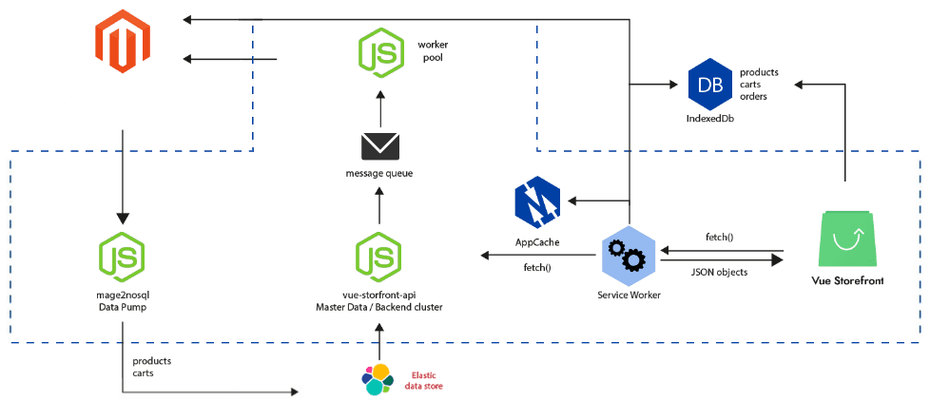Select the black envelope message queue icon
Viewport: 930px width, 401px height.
pyautogui.click(x=379, y=145)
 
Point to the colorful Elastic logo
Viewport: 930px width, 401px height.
pyautogui.click(x=378, y=378)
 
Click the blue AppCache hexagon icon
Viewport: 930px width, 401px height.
pyautogui.click(x=536, y=202)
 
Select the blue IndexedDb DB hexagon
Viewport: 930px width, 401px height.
pyautogui.click(x=710, y=85)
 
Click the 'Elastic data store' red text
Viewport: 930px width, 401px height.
pyautogui.click(x=423, y=380)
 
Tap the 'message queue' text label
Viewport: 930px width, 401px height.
pyautogui.click(x=379, y=172)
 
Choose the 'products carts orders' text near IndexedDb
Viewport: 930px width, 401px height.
pyautogui.click(x=759, y=84)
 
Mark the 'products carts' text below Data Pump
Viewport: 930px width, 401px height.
pyautogui.click(x=151, y=368)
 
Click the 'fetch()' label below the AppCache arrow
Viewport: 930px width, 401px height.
pyautogui.click(x=537, y=268)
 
